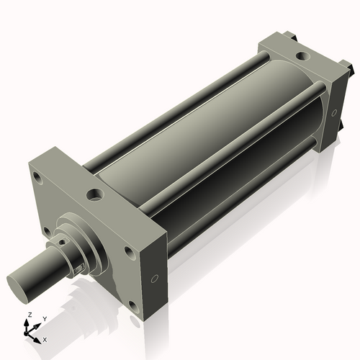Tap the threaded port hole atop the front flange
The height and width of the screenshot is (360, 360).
[x=94, y=194]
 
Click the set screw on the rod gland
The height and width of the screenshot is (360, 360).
[x=80, y=269]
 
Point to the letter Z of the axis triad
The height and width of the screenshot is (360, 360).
[x=29, y=315]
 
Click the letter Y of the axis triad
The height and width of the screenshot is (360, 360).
[x=44, y=318]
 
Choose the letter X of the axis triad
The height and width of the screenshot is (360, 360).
[x=45, y=338]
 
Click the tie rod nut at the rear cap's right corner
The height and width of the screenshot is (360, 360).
[x=354, y=69]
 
